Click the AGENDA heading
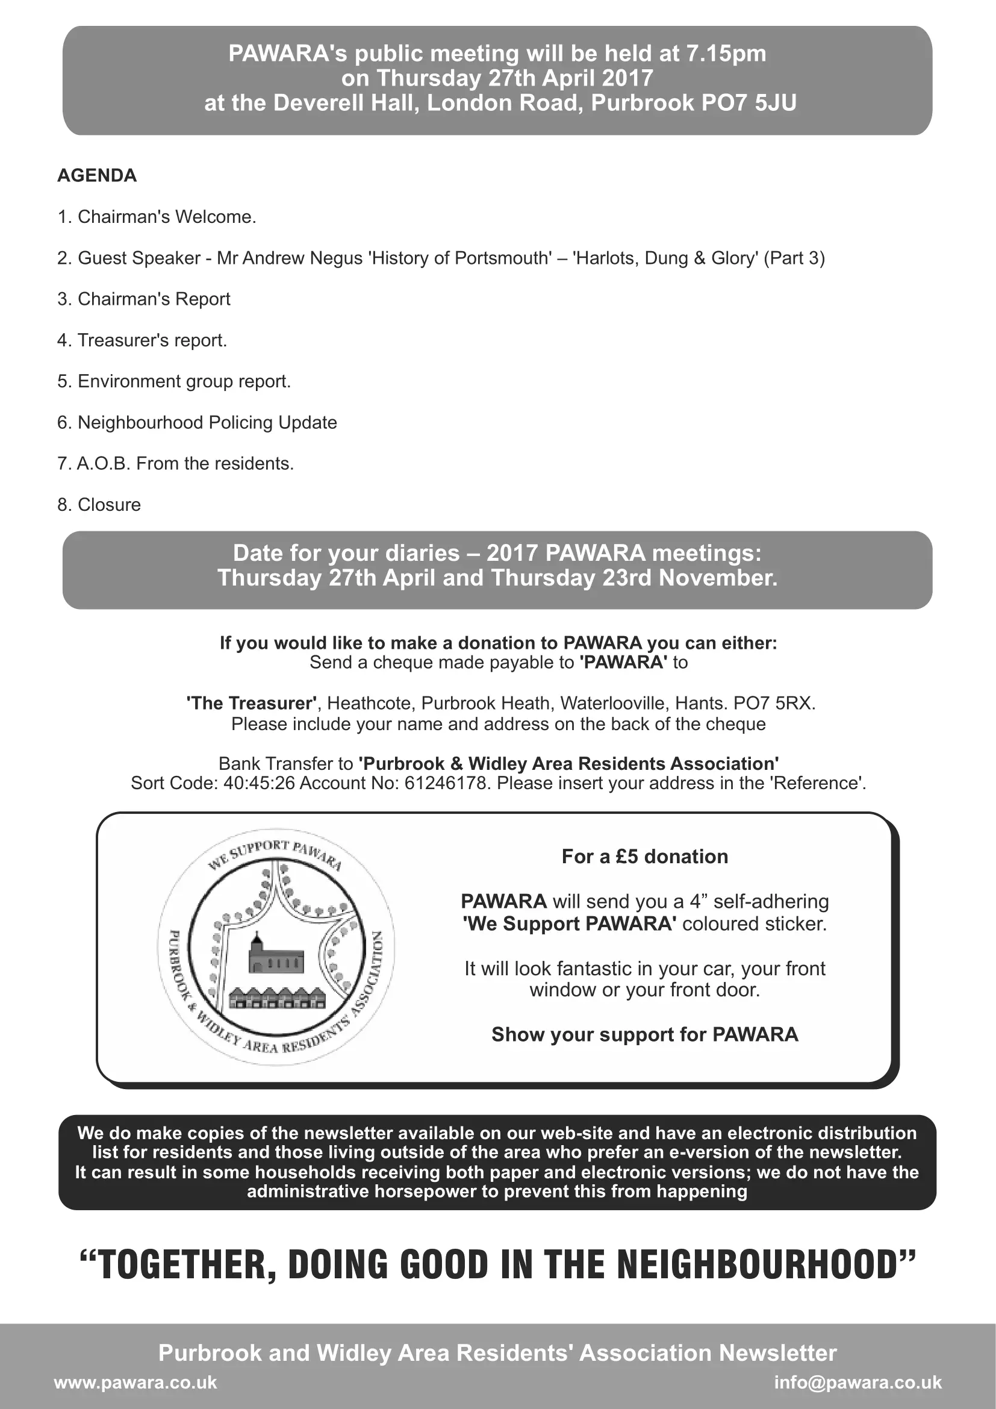97,175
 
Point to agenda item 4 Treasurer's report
142,340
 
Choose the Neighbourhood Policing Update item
197,422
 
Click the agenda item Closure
99,504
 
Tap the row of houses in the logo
276,999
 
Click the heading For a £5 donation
644,857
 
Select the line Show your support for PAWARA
644,1034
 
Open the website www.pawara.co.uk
135,1382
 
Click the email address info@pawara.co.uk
857,1382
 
